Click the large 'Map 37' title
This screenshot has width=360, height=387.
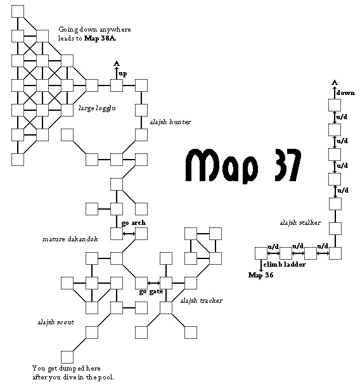(x=243, y=166)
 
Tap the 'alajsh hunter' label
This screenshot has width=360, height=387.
(x=170, y=122)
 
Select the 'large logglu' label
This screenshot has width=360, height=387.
(x=97, y=108)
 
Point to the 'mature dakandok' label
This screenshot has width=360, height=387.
(x=70, y=239)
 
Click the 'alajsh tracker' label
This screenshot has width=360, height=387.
(x=202, y=301)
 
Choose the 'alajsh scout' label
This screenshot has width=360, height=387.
(x=56, y=322)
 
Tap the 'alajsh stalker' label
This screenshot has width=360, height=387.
(x=300, y=222)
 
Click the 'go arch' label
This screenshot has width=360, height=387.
(x=133, y=223)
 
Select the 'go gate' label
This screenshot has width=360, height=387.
(x=151, y=292)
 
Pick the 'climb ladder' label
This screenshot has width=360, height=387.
(x=285, y=265)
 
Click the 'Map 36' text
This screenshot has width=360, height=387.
(x=260, y=275)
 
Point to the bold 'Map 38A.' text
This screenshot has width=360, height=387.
(x=100, y=39)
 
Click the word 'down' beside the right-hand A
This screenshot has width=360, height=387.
(x=345, y=93)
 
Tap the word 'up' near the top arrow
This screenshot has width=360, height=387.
(x=123, y=73)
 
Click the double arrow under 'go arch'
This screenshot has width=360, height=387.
(x=129, y=234)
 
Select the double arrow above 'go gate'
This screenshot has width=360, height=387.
(x=153, y=283)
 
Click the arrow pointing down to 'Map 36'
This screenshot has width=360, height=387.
(x=261, y=265)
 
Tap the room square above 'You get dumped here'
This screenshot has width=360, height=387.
(x=67, y=357)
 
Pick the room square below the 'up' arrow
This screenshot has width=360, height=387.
(x=117, y=86)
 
